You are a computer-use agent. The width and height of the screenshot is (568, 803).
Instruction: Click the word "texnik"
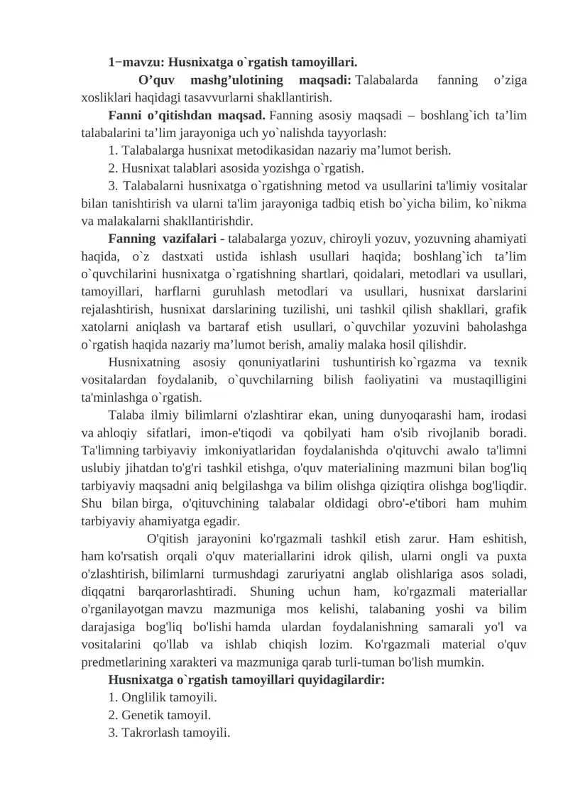point(510,362)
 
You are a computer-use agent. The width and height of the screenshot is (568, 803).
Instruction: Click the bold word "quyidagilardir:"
point(344,680)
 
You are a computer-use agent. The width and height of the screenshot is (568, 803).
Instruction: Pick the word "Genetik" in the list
point(142,716)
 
